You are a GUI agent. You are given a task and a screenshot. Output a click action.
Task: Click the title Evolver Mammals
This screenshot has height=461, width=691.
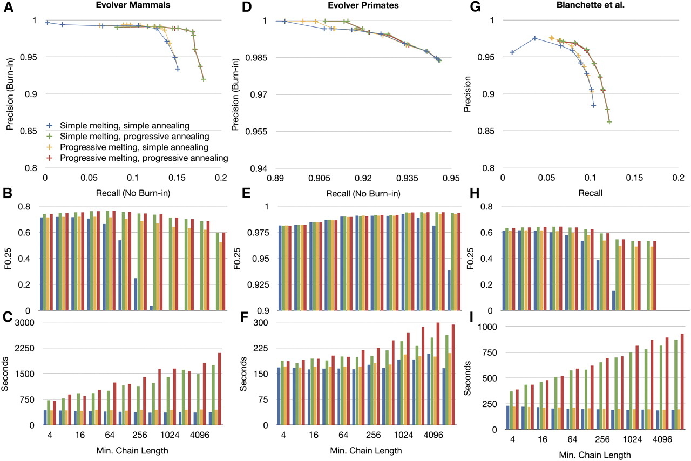click(x=133, y=5)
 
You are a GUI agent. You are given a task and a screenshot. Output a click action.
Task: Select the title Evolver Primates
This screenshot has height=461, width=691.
click(x=363, y=5)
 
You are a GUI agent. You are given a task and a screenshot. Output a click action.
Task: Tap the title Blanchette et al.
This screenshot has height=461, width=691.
click(x=591, y=5)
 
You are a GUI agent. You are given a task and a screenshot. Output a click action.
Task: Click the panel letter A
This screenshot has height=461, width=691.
click(x=8, y=7)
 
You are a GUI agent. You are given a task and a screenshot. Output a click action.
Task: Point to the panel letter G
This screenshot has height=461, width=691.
click(x=476, y=7)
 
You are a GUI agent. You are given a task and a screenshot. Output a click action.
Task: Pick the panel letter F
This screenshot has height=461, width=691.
click(x=244, y=317)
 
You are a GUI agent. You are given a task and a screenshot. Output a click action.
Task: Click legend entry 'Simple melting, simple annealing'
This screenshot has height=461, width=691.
click(x=125, y=126)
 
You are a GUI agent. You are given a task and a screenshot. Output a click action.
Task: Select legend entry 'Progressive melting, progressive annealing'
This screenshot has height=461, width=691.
click(x=144, y=158)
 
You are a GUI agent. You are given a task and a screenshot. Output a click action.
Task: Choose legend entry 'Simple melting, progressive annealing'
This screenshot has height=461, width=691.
click(x=134, y=137)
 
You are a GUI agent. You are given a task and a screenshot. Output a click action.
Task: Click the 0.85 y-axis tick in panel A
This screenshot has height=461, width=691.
click(x=29, y=131)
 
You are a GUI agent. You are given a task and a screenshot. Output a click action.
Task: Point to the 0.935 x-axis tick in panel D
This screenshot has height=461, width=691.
click(x=407, y=178)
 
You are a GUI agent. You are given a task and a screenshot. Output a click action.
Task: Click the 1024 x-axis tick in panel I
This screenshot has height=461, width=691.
click(x=632, y=439)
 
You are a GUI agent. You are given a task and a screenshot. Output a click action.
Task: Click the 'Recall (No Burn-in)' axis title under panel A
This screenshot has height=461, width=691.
click(x=133, y=193)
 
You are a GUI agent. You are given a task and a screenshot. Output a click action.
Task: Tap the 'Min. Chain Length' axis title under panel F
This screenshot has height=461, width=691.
click(x=366, y=451)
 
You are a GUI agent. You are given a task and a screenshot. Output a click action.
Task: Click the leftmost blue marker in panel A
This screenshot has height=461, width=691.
click(x=48, y=23)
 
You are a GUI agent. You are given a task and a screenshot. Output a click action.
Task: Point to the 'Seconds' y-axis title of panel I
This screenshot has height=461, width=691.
click(x=468, y=378)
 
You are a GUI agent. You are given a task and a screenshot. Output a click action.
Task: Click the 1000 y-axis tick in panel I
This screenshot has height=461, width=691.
click(x=487, y=327)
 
